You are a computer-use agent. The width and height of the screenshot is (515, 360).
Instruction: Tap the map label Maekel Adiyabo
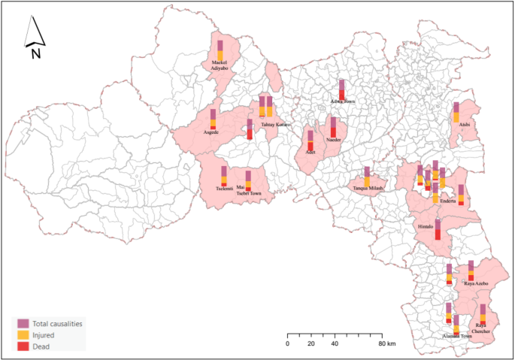(x=220, y=65)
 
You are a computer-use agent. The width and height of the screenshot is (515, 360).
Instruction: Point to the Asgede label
(x=211, y=132)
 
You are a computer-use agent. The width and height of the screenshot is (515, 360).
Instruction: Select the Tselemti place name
(x=223, y=188)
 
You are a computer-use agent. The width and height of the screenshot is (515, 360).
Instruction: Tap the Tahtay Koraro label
(x=275, y=124)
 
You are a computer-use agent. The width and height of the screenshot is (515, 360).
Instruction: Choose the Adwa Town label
(x=342, y=101)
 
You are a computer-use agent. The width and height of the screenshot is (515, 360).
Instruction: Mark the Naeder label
(x=334, y=140)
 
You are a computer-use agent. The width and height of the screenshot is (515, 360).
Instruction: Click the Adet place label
(x=310, y=152)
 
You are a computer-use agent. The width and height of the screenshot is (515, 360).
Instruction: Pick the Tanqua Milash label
(x=368, y=188)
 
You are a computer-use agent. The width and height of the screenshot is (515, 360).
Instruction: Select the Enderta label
(x=448, y=201)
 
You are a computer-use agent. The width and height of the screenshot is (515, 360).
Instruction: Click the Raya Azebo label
(x=477, y=283)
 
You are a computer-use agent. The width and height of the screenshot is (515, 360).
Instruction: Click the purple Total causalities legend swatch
(x=23, y=323)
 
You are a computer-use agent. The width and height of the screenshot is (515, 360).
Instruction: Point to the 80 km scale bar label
(x=387, y=344)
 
